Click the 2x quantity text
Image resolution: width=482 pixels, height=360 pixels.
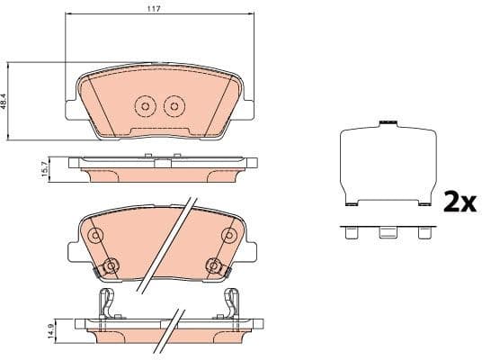point(459,202)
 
